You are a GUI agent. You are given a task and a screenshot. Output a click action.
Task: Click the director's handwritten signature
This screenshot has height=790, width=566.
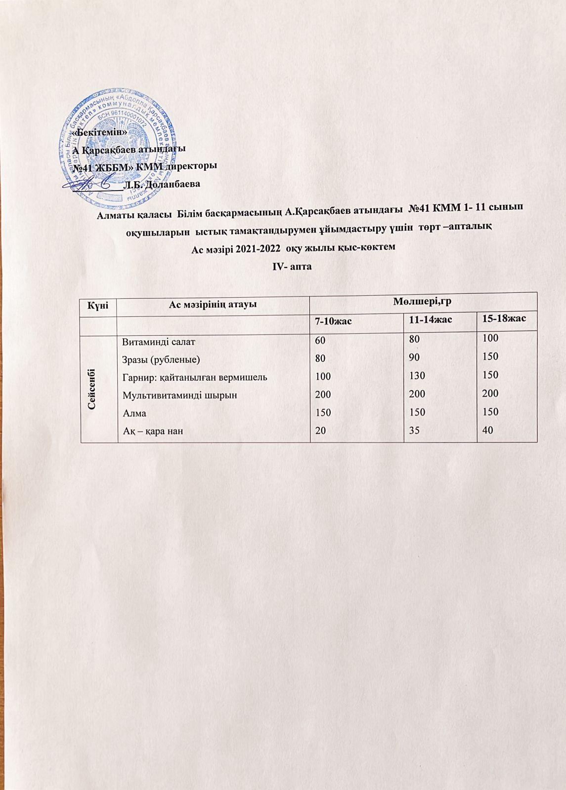click(89, 184)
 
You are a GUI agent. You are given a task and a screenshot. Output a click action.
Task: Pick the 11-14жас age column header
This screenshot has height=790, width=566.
click(428, 320)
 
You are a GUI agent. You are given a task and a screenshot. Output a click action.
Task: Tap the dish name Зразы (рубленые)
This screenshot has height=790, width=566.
click(161, 359)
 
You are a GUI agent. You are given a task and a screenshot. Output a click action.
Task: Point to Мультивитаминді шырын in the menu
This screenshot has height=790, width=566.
click(179, 395)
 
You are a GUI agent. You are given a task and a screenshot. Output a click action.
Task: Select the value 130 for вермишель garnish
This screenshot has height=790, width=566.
click(416, 376)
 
